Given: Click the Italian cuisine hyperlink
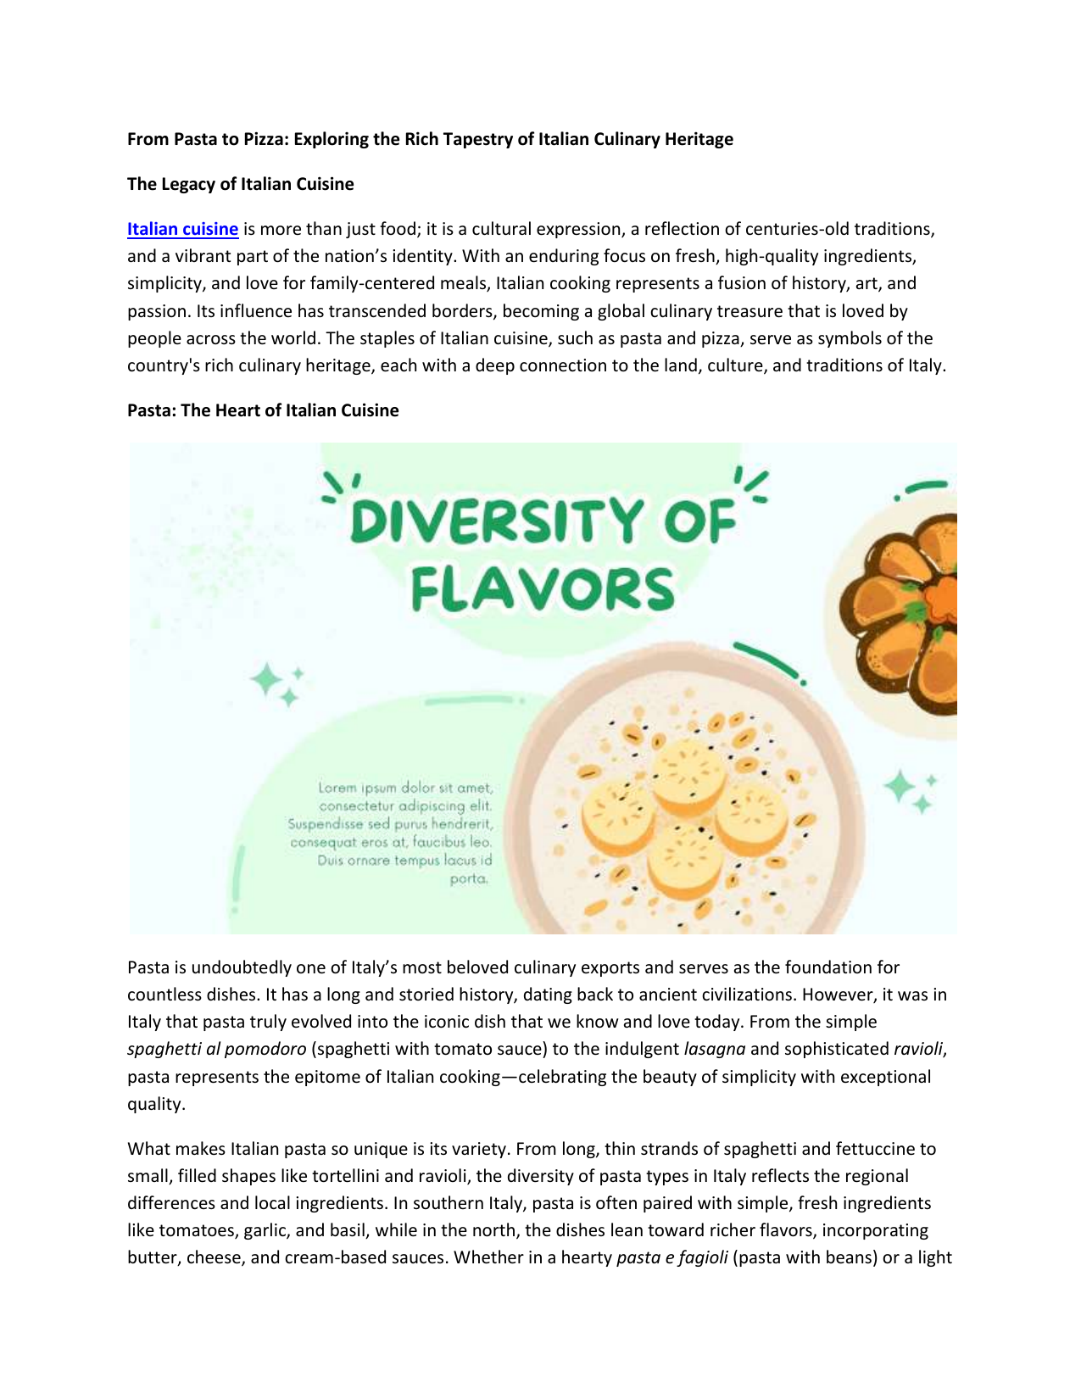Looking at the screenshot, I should (x=182, y=229).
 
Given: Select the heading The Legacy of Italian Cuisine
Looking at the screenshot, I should (x=240, y=184).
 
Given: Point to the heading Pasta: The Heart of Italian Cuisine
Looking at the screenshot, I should (x=263, y=410).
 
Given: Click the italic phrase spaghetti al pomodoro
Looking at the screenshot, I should (x=216, y=1049).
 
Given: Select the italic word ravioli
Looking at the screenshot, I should (x=917, y=1049).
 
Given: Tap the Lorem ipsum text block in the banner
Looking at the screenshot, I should (x=391, y=833).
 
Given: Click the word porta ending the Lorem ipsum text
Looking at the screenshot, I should (x=469, y=879).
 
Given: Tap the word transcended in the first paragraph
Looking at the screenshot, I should (x=339, y=311).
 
